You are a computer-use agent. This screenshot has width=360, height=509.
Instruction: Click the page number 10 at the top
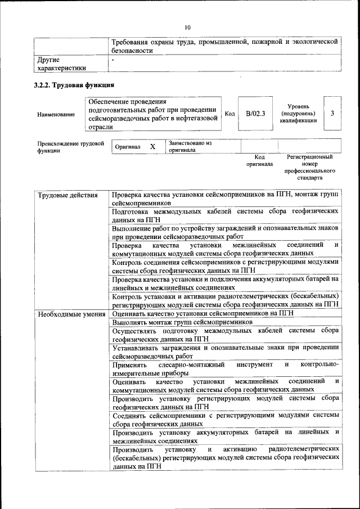click(x=187, y=26)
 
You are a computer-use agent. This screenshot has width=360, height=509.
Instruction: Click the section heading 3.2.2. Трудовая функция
click(x=74, y=85)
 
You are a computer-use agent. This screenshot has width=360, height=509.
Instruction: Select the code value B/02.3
click(x=255, y=114)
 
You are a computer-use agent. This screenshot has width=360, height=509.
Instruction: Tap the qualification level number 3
click(x=332, y=114)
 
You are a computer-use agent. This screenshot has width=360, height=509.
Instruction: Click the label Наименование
click(x=56, y=115)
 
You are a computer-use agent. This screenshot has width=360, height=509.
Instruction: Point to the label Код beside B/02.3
click(x=229, y=114)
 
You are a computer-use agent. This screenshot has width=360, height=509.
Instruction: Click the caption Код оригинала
click(x=259, y=161)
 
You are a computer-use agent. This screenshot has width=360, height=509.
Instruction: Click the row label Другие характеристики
click(x=62, y=64)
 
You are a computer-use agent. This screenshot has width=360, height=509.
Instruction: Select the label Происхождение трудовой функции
click(x=70, y=147)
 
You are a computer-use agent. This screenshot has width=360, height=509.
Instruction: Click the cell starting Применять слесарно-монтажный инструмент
click(x=225, y=369)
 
